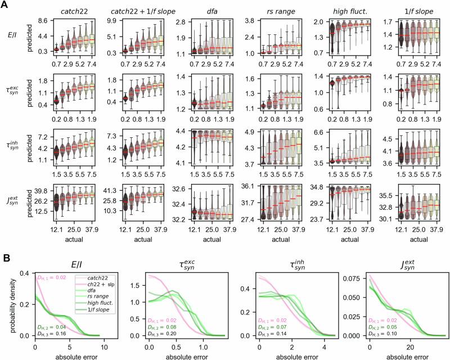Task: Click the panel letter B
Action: coord(4,240)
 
